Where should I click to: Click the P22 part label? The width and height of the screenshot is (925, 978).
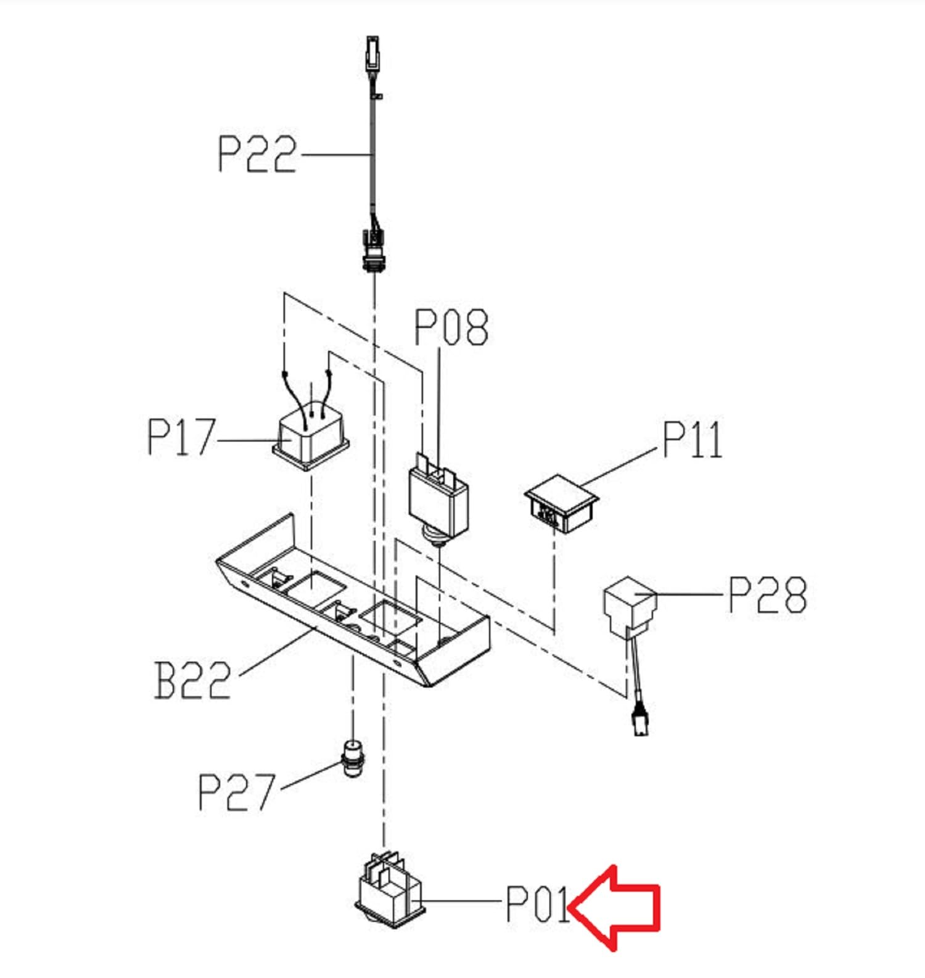click(257, 154)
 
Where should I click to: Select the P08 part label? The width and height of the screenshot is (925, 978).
click(451, 327)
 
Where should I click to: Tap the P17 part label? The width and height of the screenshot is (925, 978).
click(182, 437)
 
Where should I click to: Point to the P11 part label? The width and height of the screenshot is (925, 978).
click(693, 440)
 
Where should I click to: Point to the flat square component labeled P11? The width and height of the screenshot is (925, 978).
click(561, 503)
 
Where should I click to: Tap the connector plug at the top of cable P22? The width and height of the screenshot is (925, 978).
click(372, 55)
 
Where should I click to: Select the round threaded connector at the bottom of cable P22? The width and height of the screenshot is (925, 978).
click(374, 250)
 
